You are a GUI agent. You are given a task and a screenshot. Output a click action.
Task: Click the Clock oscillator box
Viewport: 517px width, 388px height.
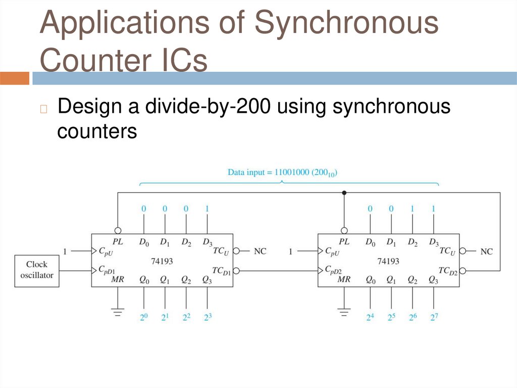pos(36,270)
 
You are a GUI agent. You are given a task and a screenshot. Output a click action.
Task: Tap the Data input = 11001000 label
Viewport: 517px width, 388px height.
pos(282,172)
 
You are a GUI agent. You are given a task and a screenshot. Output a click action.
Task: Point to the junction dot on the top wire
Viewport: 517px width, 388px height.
pos(344,193)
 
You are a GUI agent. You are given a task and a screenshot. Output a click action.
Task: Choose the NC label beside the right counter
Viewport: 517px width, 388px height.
pos(486,251)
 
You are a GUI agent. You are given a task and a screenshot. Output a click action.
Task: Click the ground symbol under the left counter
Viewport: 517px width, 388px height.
pos(118,312)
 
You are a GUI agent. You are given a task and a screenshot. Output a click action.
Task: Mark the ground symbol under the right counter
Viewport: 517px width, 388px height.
pos(344,312)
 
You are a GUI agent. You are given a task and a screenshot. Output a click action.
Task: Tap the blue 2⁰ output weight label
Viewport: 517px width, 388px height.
pos(143,318)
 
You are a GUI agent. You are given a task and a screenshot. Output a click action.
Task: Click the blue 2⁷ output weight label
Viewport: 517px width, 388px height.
pos(434,318)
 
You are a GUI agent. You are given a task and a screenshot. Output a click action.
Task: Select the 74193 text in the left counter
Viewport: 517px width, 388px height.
pos(162,261)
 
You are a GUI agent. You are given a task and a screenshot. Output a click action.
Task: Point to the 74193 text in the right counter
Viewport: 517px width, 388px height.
pos(388,261)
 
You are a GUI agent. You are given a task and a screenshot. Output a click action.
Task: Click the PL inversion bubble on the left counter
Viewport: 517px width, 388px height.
pos(118,230)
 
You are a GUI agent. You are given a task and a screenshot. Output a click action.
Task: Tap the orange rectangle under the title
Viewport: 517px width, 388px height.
pos(15,78)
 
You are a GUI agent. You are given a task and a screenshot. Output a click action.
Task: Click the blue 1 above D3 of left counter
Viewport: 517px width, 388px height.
pos(207,208)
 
